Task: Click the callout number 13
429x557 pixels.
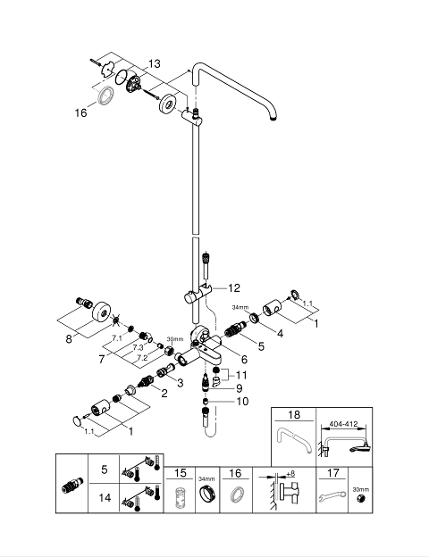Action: pos(155,63)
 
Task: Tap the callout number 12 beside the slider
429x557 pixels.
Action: pos(234,287)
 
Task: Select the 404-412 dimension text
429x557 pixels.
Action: pos(343,424)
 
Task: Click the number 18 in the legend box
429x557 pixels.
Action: pos(294,414)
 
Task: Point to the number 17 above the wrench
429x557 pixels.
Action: pos(333,473)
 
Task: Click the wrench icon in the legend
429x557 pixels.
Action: pos(332,495)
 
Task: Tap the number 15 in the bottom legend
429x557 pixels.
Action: pos(180,473)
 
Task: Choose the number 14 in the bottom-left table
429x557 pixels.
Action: pos(105,498)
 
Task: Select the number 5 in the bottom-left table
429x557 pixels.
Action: pos(105,470)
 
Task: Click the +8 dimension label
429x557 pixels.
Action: pos(290,474)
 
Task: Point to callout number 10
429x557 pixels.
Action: pos(242,402)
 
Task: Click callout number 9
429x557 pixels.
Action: pos(239,388)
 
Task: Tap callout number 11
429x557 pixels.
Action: pos(241,375)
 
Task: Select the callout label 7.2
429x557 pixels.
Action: pos(142,358)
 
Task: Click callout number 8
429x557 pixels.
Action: pos(69,339)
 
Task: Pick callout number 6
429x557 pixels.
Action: pos(244,360)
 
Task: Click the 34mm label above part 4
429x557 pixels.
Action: pos(240,307)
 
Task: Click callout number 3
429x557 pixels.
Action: pos(181,383)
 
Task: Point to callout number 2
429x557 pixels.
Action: pos(164,394)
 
